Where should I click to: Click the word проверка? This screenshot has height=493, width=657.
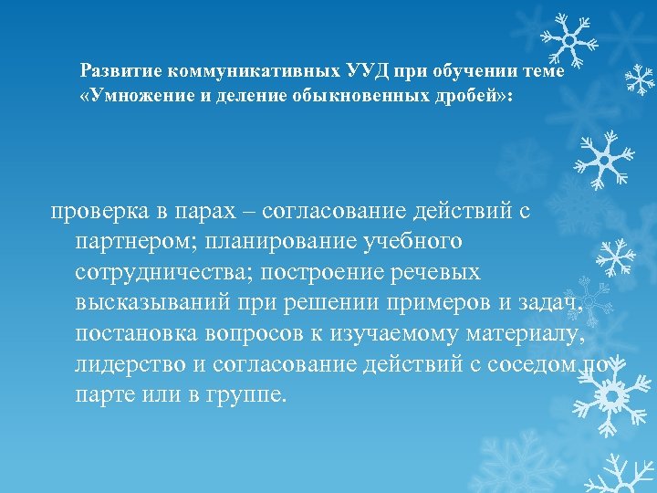click(x=93, y=212)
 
